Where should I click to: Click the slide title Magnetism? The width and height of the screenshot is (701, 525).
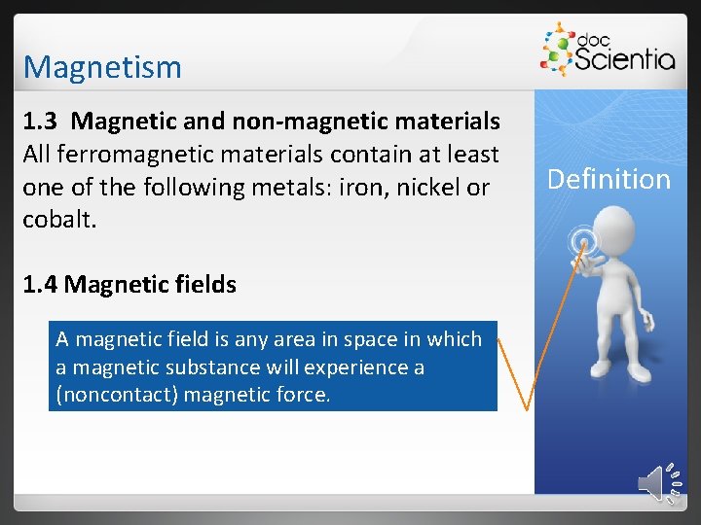point(102,67)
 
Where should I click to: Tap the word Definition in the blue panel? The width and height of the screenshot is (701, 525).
point(609,179)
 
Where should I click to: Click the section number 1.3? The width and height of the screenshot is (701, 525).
point(42,122)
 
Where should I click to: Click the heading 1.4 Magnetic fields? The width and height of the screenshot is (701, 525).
point(129,285)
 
